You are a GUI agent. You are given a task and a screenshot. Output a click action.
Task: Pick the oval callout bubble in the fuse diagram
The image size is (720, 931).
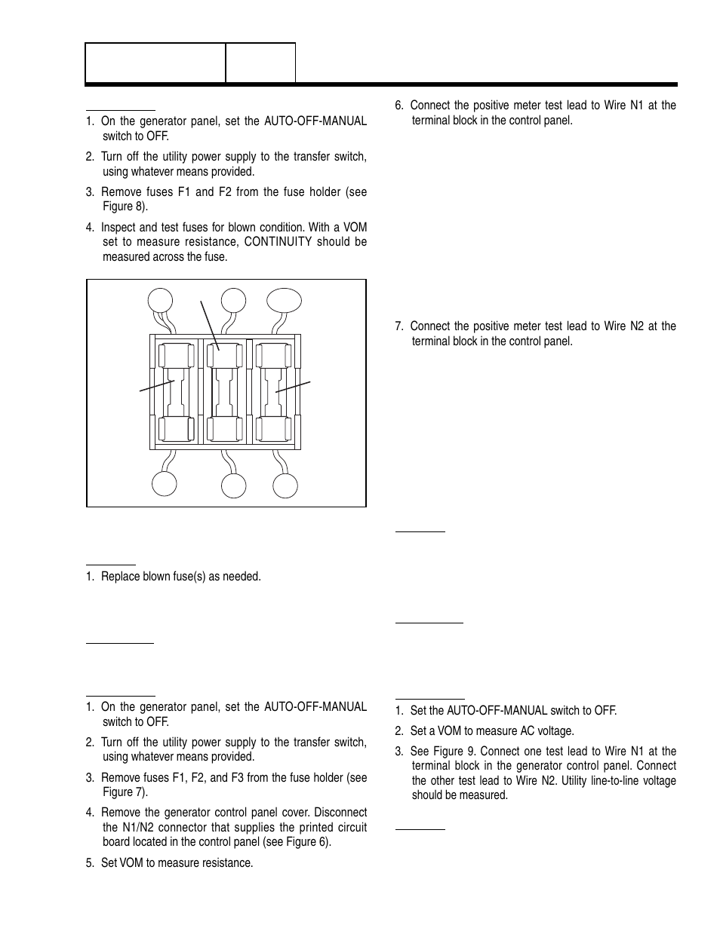point(285,301)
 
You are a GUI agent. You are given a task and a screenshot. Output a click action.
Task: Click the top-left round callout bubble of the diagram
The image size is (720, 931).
point(160,301)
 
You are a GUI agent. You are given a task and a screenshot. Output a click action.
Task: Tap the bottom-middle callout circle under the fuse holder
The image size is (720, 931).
point(233,486)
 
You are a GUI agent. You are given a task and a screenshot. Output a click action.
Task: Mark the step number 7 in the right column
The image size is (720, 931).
point(399,326)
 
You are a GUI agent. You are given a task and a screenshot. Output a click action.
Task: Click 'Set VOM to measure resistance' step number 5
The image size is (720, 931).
point(90,862)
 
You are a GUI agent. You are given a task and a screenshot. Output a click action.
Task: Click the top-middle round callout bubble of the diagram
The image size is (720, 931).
point(233,300)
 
